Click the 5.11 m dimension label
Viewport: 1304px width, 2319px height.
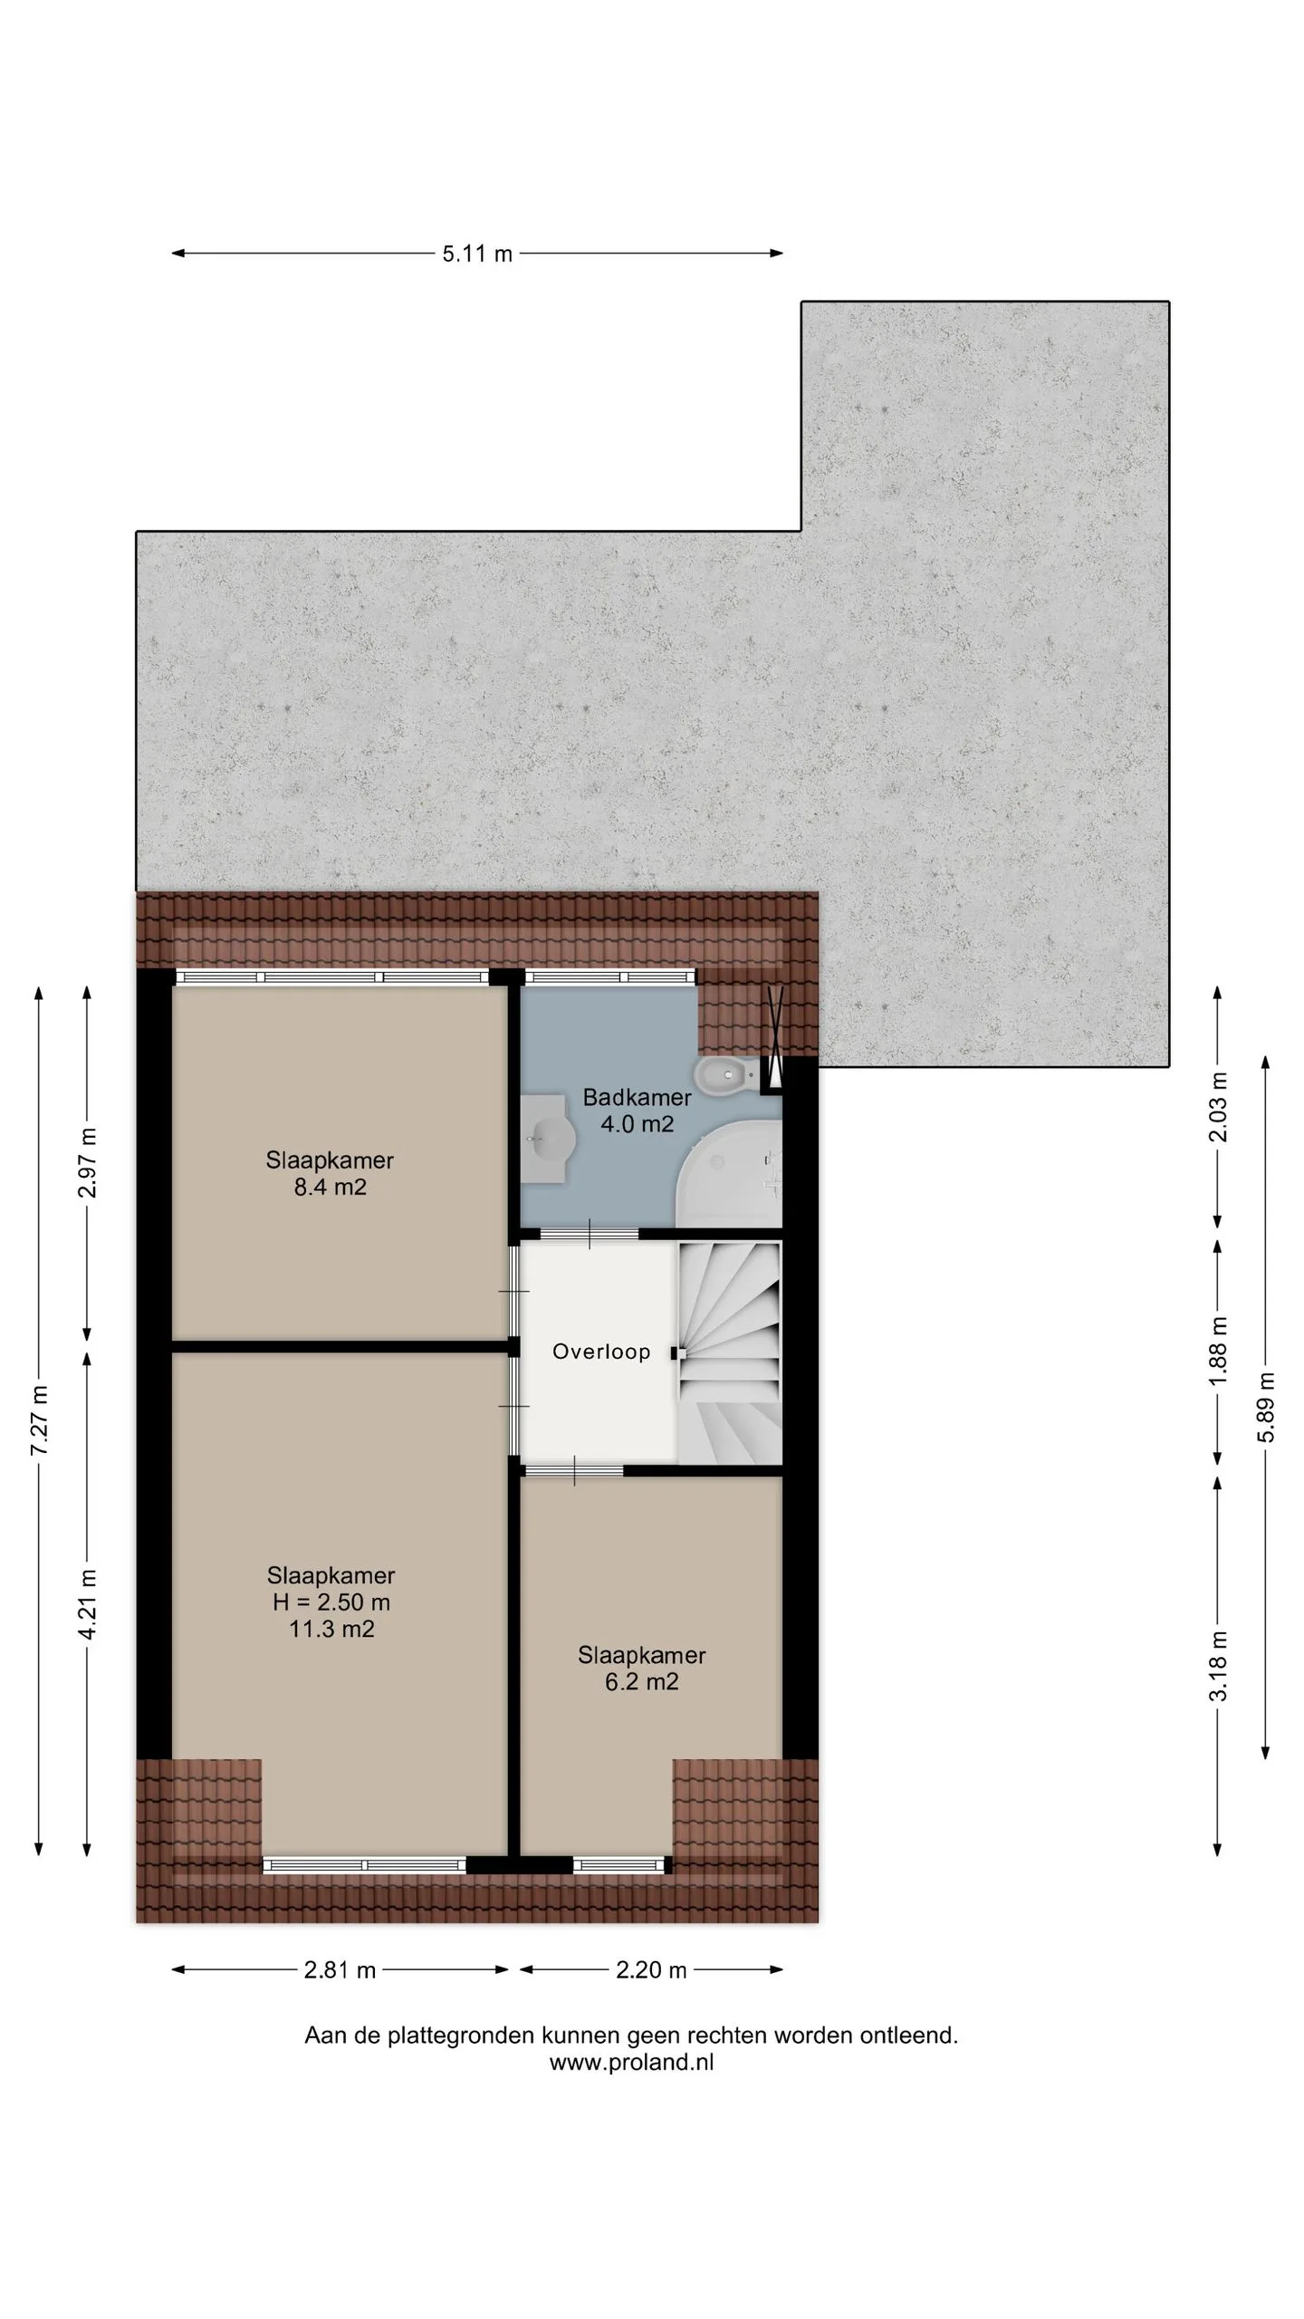(x=477, y=255)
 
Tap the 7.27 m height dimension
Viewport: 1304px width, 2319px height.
(x=39, y=1420)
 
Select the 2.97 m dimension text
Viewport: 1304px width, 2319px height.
(x=88, y=1163)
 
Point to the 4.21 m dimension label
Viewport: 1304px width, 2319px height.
(x=88, y=1604)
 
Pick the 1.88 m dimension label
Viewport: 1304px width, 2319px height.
(x=1219, y=1350)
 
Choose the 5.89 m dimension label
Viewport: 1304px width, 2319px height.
(x=1266, y=1407)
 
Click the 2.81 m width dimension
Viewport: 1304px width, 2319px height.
(x=340, y=1970)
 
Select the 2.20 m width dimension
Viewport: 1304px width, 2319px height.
(x=651, y=1970)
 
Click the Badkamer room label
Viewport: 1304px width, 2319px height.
(x=637, y=1098)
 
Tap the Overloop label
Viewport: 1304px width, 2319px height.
(x=601, y=1352)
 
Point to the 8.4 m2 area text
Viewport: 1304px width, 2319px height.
(x=330, y=1188)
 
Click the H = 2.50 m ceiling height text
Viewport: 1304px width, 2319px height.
(x=331, y=1602)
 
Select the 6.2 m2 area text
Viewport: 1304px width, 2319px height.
(x=641, y=1682)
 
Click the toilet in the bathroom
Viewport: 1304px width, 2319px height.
(x=724, y=1075)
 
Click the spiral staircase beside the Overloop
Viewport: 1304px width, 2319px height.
(x=729, y=1352)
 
